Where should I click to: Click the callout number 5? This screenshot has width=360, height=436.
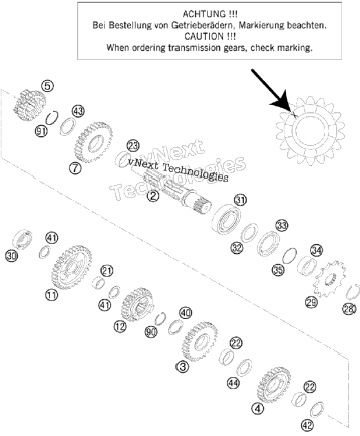click(47, 86)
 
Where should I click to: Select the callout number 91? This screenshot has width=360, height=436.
click(41, 131)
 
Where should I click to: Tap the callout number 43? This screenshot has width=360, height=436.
click(78, 111)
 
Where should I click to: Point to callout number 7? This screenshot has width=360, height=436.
click(76, 168)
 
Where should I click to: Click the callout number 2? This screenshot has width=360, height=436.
click(153, 196)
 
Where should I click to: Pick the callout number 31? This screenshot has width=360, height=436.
click(240, 199)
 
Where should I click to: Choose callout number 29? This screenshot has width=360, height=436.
click(311, 302)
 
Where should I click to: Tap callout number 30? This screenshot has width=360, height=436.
click(12, 256)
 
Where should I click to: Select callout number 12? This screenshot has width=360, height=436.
click(120, 326)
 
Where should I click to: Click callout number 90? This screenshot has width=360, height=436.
click(151, 331)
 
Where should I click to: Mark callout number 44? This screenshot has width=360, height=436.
click(234, 383)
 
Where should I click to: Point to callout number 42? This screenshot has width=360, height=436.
click(307, 425)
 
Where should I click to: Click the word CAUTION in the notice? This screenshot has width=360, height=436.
click(204, 36)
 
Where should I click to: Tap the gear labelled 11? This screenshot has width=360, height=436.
click(71, 267)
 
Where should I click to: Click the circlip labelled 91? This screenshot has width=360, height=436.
click(52, 118)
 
